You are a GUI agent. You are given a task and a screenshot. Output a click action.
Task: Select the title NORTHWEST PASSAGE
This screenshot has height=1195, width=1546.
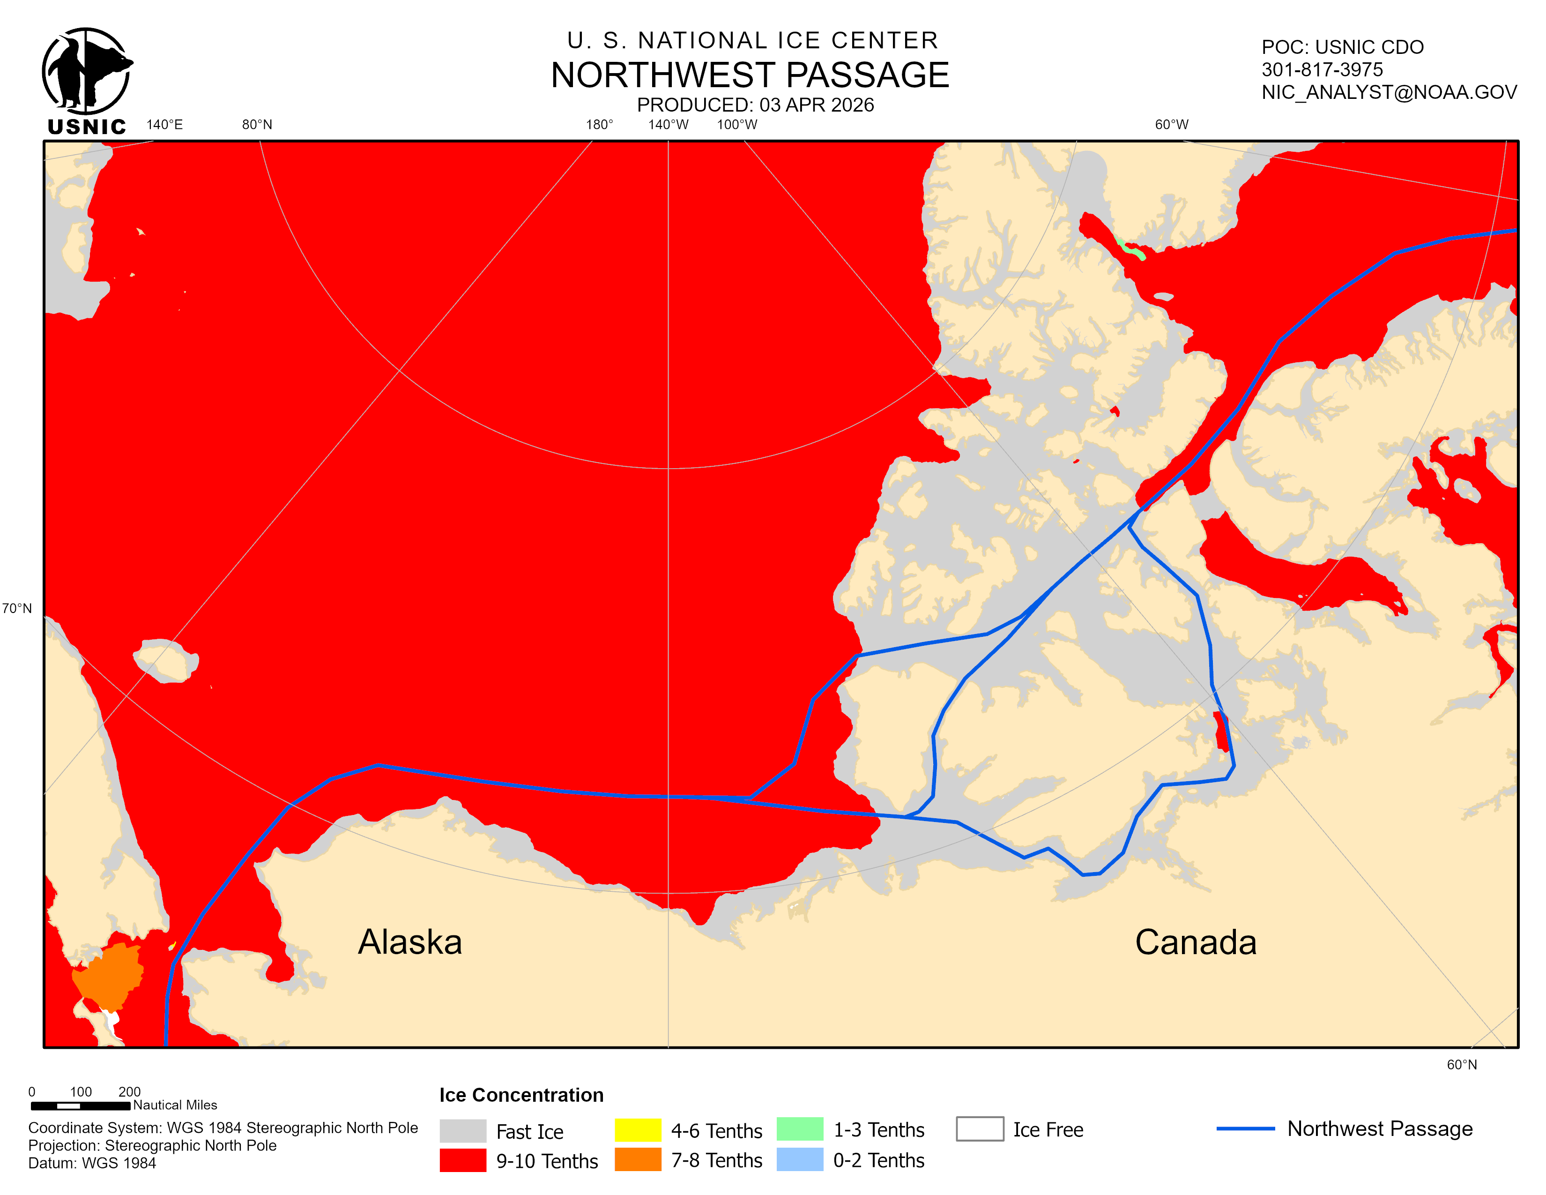click(x=750, y=75)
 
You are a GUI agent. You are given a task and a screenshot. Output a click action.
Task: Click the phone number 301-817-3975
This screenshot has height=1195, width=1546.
click(x=1322, y=69)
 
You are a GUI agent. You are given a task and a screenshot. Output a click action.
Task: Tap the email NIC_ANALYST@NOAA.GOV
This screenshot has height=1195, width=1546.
click(x=1389, y=92)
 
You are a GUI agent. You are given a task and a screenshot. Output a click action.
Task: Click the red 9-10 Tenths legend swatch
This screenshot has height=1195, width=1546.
click(x=462, y=1160)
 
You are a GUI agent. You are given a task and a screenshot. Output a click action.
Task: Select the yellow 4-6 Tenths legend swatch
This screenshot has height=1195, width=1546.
click(x=637, y=1130)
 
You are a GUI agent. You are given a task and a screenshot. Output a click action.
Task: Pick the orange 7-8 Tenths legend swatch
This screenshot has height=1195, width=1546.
click(x=637, y=1159)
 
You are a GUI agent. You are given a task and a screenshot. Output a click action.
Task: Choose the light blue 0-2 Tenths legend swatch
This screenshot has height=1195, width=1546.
click(x=799, y=1159)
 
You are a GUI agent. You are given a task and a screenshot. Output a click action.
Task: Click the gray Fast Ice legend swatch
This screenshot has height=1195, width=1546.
click(x=462, y=1131)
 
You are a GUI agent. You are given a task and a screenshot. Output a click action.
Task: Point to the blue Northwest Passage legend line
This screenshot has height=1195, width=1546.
click(x=1245, y=1128)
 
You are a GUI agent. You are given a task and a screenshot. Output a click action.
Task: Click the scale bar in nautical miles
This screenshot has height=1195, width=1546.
click(x=80, y=1105)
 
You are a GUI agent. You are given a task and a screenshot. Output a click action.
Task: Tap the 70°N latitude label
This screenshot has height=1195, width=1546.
click(x=17, y=608)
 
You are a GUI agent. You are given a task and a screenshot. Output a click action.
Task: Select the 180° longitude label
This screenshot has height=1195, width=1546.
click(x=599, y=125)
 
